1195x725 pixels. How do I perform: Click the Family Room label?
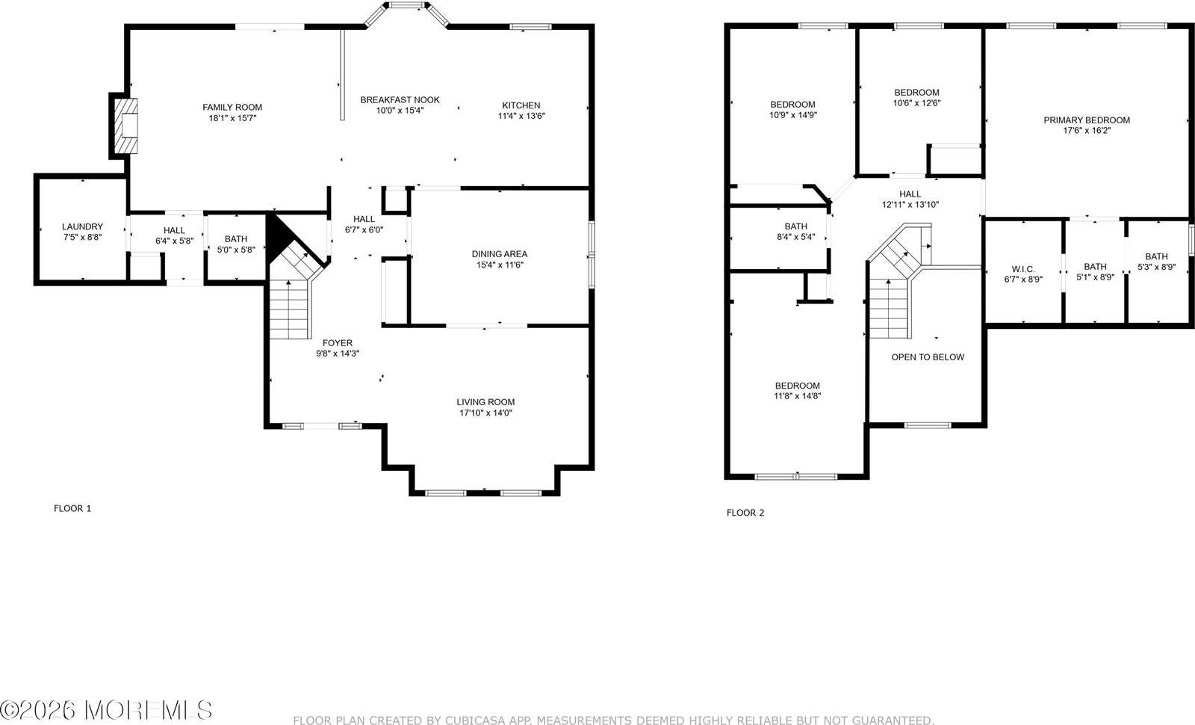pos(232,107)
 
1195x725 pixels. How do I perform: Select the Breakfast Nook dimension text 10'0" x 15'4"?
pos(400,111)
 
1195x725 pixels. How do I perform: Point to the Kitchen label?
pos(521,105)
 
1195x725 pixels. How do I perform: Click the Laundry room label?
pos(82,226)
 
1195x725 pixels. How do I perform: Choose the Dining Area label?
pos(499,254)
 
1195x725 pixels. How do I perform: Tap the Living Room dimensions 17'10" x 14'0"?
pos(485,413)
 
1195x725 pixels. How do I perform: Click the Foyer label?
pos(338,343)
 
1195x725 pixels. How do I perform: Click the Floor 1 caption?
pos(72,508)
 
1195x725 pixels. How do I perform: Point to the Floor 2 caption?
pos(745,513)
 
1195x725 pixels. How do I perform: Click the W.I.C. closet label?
pos(1023,269)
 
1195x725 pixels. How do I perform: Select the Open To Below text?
pos(928,357)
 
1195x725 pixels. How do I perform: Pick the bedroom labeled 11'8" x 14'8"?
pos(798,391)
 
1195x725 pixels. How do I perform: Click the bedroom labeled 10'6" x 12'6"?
pos(916,98)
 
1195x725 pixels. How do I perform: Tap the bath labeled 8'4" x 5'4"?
pos(795,232)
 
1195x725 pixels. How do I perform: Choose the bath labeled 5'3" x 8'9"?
pos(1156,262)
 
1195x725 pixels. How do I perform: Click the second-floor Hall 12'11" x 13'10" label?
pos(910,199)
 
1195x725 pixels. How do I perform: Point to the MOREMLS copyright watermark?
pos(106,709)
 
